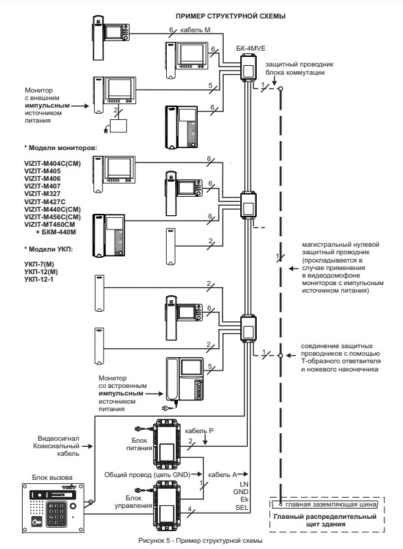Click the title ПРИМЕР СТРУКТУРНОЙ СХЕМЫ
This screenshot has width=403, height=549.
tap(231, 16)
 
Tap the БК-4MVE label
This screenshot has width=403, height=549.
tap(251, 49)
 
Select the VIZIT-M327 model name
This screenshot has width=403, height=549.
tap(43, 193)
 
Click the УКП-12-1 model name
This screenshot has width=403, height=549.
tap(39, 280)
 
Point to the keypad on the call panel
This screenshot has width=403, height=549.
tap(56, 513)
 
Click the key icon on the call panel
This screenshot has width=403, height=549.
tap(36, 522)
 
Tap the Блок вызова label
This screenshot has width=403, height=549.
tap(52, 477)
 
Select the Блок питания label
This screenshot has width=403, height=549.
tap(139, 444)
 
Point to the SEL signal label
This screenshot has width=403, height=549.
tap(242, 507)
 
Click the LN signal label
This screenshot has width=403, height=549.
tap(244, 484)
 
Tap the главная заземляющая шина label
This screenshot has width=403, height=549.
tap(331, 504)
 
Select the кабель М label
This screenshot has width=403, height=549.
tap(196, 30)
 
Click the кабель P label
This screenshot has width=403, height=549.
tap(199, 430)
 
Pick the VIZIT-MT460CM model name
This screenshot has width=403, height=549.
tap(50, 224)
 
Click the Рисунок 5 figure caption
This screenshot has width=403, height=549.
tap(200, 541)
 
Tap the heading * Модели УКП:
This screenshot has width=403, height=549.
tap(49, 249)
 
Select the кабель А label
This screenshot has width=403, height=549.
tap(222, 475)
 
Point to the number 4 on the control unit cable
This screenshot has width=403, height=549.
tap(189, 509)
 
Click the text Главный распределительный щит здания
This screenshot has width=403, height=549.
tap(325, 520)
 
